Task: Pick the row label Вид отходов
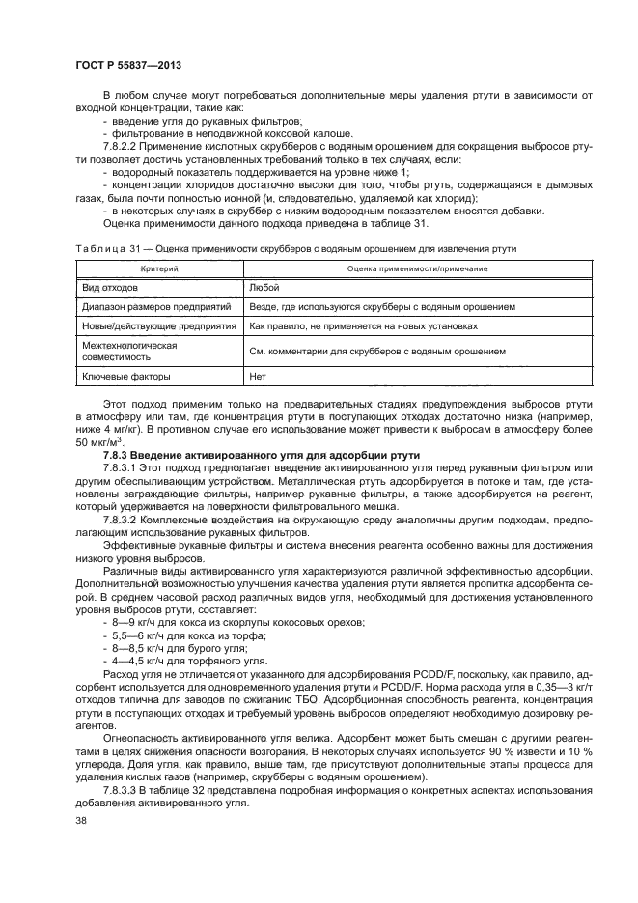[x=110, y=287]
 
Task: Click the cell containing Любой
[x=264, y=287]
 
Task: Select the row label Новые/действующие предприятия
[x=158, y=326]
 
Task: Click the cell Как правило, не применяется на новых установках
[x=363, y=326]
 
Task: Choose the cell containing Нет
[x=258, y=377]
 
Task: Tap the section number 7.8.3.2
[x=125, y=518]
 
